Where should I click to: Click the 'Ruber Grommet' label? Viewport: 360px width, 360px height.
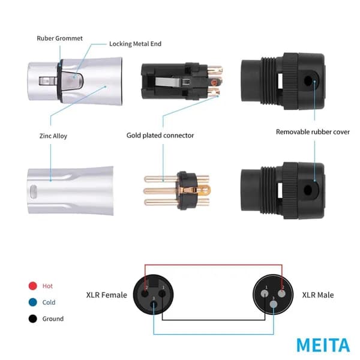point(59,38)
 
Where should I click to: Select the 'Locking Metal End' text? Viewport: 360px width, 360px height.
point(135,44)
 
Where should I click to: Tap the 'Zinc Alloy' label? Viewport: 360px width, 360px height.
point(53,136)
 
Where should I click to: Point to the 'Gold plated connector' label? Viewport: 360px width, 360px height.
point(160,136)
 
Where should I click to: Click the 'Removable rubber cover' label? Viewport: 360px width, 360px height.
point(313,132)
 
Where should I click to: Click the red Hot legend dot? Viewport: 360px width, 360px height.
point(33,286)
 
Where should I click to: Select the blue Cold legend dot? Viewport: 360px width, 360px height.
point(33,302)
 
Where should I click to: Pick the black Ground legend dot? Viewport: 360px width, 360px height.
point(33,319)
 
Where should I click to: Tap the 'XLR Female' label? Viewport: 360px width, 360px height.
point(107,295)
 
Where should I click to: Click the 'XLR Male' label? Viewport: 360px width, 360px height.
point(318,295)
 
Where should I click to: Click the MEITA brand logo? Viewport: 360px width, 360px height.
point(323,345)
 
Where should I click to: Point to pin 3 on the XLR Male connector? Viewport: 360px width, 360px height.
point(274,304)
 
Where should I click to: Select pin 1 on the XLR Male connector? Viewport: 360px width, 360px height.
point(265,293)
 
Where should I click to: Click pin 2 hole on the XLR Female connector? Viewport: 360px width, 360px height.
point(145,293)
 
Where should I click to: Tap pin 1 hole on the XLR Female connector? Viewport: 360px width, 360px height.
point(162,293)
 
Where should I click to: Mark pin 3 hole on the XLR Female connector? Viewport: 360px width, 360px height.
point(154,305)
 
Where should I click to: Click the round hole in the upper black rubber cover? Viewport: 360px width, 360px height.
point(308,81)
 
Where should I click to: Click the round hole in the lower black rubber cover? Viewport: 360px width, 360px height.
point(308,190)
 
